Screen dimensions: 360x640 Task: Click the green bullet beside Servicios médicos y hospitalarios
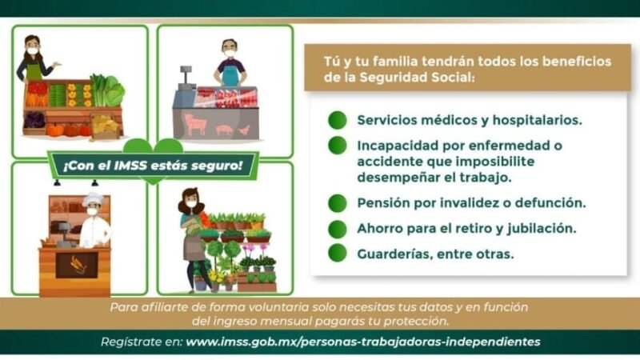[338, 120]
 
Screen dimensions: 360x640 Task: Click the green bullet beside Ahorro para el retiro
[338, 228]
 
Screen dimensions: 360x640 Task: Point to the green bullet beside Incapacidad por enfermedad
[338, 146]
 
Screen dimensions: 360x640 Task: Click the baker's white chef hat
[94, 198]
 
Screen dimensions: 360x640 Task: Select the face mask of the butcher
[230, 54]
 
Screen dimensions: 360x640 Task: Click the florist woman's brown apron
[194, 247]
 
